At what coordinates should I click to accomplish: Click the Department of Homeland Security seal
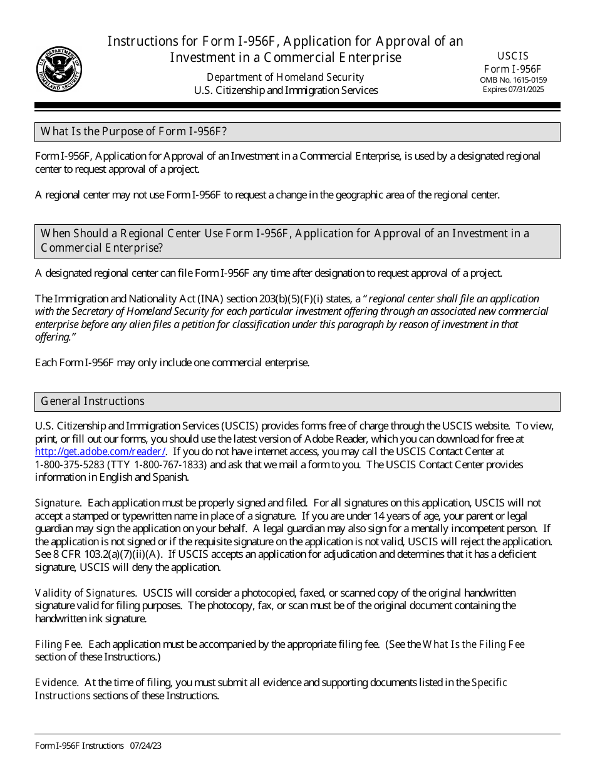click(x=59, y=69)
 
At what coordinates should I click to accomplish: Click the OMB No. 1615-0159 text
click(x=513, y=80)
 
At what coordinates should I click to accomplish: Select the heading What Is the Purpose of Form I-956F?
click(x=133, y=131)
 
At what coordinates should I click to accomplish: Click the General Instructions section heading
click(x=93, y=401)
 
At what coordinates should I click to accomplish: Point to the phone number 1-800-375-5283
click(x=70, y=465)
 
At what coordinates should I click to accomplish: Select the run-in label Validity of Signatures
click(x=86, y=593)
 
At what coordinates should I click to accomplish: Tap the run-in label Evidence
click(x=56, y=682)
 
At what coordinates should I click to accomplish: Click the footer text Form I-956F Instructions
click(x=80, y=746)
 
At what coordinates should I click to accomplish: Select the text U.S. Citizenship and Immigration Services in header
click(x=286, y=90)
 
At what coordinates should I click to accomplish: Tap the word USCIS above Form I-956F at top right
click(x=513, y=56)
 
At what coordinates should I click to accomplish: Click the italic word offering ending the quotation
click(x=51, y=337)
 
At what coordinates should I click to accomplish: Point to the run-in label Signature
click(x=57, y=503)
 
